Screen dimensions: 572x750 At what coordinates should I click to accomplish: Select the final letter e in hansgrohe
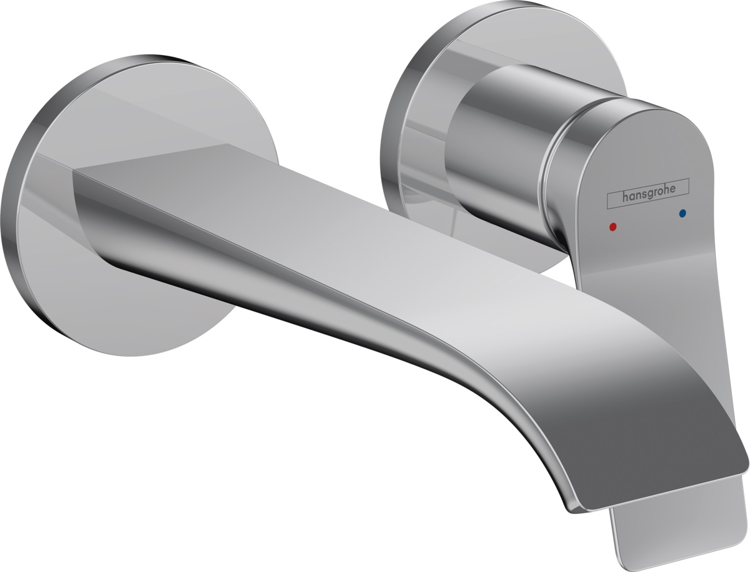click(672, 190)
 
